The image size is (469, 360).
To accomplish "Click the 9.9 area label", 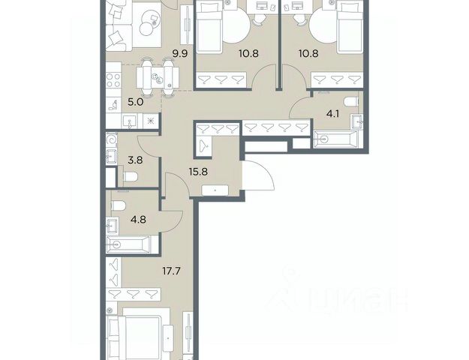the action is (x=180, y=54).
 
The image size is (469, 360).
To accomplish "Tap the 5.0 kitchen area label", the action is (x=136, y=102).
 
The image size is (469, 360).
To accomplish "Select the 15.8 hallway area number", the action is (x=198, y=172).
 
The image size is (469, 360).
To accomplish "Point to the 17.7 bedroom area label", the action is (x=172, y=271).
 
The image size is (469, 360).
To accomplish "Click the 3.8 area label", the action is (x=135, y=160).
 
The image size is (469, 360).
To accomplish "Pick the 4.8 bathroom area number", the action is (x=138, y=220).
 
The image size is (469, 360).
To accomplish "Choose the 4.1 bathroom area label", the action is (x=332, y=114).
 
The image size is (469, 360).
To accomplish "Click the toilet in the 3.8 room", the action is (x=130, y=177).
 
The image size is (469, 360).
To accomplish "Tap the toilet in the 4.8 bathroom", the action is (x=118, y=205).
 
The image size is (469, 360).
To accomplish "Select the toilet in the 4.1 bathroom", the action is (x=351, y=102).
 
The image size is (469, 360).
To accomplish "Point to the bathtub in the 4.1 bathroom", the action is (x=335, y=139).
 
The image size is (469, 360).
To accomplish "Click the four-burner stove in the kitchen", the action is (x=113, y=81).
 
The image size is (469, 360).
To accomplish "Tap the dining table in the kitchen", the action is (x=158, y=78).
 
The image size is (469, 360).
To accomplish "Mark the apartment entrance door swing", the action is (x=259, y=175).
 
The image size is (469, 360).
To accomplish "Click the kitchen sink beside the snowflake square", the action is (x=129, y=121).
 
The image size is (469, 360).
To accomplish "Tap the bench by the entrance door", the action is (x=215, y=190).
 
